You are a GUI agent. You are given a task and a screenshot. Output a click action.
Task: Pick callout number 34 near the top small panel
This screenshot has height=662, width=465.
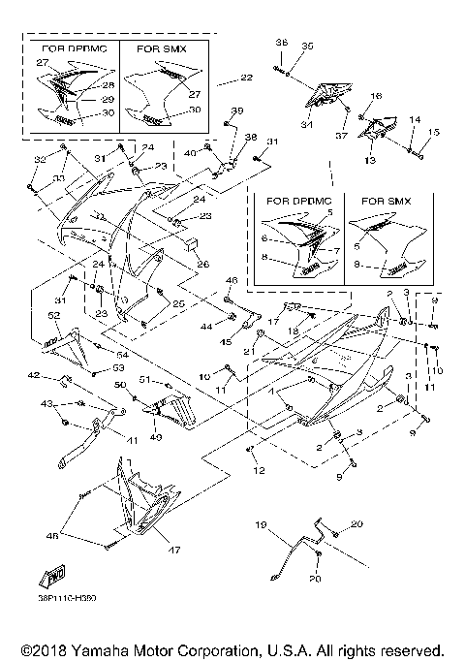point(308,124)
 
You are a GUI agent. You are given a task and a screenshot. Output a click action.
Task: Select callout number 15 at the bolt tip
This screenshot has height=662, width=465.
point(434,132)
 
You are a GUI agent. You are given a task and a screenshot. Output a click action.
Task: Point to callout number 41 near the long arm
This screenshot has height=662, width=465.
point(133,440)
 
